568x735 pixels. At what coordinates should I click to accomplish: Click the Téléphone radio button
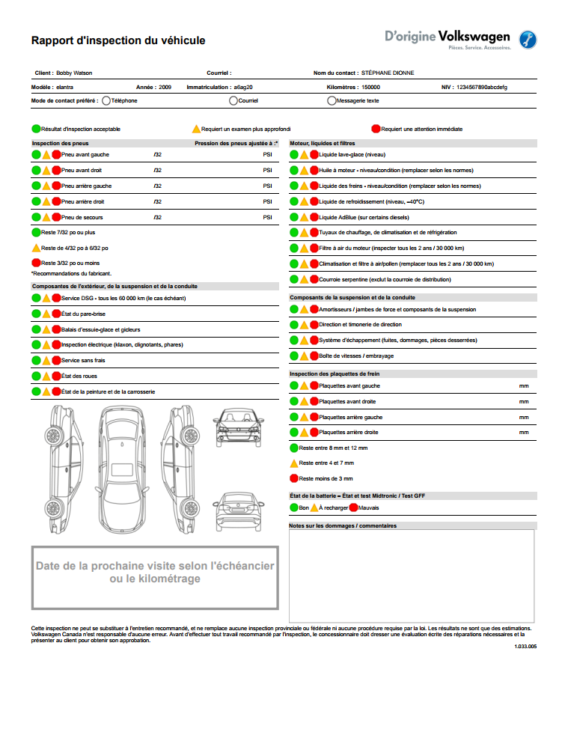pos(106,100)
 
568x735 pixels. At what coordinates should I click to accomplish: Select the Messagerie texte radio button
pos(332,100)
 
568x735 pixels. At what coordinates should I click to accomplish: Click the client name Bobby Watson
pos(74,73)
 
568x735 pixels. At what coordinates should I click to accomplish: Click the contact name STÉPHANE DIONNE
pos(388,73)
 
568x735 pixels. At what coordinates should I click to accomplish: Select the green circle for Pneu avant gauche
pos(36,155)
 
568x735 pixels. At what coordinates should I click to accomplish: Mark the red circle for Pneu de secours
pos(56,217)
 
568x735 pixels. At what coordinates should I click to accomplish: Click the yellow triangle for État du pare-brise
pos(46,314)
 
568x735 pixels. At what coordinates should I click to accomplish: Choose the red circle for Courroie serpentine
pos(314,279)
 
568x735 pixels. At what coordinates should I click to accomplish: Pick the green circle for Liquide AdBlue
pos(294,217)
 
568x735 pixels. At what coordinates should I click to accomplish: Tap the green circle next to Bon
pos(294,507)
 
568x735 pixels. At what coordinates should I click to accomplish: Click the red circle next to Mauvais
pos(353,507)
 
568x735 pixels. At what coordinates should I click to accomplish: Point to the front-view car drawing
pos(239,430)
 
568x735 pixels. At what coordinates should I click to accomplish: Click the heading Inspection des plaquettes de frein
pos(335,373)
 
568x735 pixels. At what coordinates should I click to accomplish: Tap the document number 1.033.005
pos(525,646)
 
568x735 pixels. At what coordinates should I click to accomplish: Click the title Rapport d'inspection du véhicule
pos(118,40)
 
